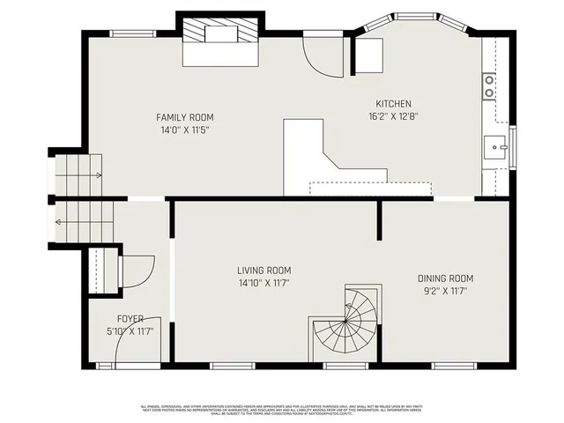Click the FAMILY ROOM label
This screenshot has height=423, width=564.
click(184, 117)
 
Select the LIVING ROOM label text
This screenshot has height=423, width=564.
click(263, 271)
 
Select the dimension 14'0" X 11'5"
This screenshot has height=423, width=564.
click(184, 130)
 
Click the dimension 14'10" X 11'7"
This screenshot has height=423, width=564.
click(263, 283)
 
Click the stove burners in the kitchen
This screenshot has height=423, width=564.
click(488, 85)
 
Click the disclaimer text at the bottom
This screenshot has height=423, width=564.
click(282, 409)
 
